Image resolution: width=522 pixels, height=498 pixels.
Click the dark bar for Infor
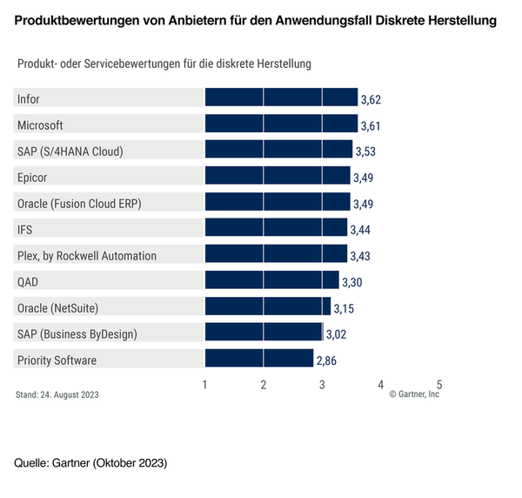tap(281, 98)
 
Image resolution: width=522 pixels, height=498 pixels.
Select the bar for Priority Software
tap(258, 359)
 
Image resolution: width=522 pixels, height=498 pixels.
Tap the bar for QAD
tap(271, 280)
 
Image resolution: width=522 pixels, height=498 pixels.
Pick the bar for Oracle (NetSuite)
tap(267, 306)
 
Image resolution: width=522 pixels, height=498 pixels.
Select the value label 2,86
tap(326, 360)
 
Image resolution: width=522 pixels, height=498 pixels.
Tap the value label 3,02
tap(336, 334)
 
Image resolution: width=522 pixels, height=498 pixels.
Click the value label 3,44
tap(360, 230)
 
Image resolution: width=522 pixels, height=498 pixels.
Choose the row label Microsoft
tap(40, 124)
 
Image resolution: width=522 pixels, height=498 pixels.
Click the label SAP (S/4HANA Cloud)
tap(70, 151)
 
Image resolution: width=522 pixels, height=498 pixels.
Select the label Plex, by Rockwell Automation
tap(86, 255)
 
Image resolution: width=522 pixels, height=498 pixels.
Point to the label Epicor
tap(32, 177)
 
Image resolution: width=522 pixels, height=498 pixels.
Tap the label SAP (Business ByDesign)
tap(77, 333)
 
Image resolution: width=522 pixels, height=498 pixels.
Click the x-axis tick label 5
tap(439, 384)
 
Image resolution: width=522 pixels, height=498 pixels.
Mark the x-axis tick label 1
tap(204, 384)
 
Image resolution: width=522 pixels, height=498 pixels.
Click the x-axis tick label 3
tap(322, 384)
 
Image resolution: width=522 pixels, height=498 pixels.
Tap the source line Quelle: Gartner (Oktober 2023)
tap(90, 462)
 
